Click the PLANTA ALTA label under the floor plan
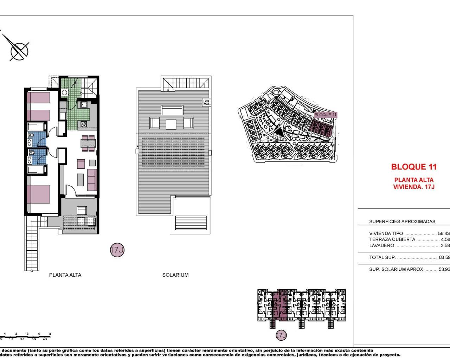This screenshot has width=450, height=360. click(x=65, y=275)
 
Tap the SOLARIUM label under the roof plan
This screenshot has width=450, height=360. click(x=175, y=275)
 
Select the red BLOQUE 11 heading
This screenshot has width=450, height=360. click(x=414, y=167)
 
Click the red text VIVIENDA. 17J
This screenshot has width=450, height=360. click(x=414, y=187)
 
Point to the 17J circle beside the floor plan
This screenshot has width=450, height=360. click(x=117, y=250)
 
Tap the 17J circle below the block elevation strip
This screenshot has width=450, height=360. click(x=281, y=335)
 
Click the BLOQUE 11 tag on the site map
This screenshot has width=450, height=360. click(x=325, y=115)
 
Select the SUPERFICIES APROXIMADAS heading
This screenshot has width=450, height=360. click(x=402, y=221)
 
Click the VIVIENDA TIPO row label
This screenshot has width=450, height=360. click(x=386, y=233)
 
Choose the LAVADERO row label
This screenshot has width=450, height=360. click(x=381, y=245)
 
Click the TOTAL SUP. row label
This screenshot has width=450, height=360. click(x=382, y=257)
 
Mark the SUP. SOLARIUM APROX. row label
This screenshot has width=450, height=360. click(x=397, y=269)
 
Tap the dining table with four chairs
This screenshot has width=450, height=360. click(x=88, y=143)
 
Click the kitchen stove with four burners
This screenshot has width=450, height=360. click(x=84, y=124)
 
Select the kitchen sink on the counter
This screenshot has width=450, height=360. click(x=84, y=104)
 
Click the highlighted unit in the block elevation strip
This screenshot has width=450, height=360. click(x=280, y=305)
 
